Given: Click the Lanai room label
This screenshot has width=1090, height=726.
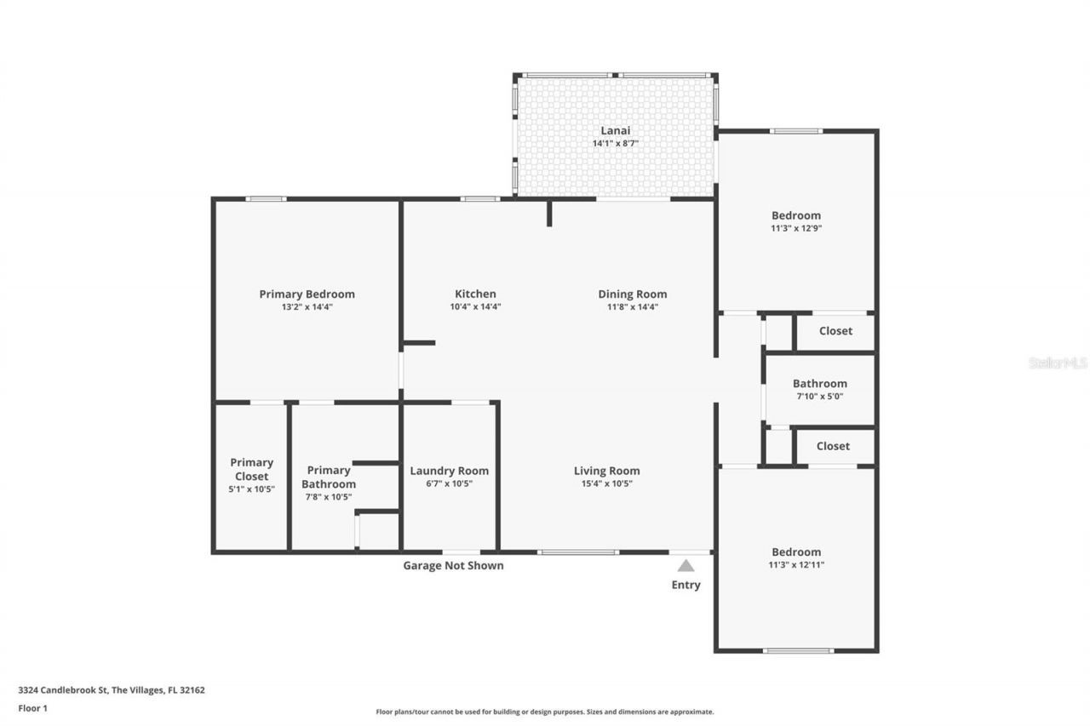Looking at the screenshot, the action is tap(615, 130).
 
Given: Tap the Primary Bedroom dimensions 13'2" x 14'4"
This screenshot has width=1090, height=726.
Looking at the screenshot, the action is tap(307, 307).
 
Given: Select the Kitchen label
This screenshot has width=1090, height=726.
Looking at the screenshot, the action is tap(475, 294).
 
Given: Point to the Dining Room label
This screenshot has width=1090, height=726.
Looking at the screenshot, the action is tap(632, 294).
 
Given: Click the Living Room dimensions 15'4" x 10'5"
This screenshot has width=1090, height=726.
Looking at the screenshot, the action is tap(607, 483).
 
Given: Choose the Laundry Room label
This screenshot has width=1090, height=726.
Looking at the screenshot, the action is tap(449, 471).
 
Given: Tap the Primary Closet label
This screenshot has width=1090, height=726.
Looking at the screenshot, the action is tap(251, 469).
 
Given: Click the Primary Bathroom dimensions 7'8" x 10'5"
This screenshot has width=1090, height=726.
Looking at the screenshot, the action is tap(329, 496).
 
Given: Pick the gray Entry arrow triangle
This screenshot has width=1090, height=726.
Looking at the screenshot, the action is tap(686, 565).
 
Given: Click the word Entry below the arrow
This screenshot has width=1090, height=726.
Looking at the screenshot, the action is tap(686, 585).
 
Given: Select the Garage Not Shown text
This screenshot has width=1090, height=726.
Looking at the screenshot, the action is tap(453, 565).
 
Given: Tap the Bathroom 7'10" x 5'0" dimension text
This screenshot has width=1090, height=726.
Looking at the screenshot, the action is tap(819, 397).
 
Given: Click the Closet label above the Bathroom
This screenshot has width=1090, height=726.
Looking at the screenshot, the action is tap(835, 331).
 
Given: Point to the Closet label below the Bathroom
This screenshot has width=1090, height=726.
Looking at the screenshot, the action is tap(833, 446).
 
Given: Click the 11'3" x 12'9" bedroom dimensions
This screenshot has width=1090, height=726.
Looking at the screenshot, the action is tap(796, 228).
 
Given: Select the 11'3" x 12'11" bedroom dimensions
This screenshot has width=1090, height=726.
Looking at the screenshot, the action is tap(796, 564).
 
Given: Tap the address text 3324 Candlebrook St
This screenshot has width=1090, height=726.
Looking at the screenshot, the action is tap(63, 690).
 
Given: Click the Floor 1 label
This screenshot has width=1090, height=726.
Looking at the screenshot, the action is tap(32, 708).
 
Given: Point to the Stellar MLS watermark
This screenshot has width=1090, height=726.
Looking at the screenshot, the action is tap(1058, 363).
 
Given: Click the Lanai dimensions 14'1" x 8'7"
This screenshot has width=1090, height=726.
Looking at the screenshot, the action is tap(615, 144).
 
